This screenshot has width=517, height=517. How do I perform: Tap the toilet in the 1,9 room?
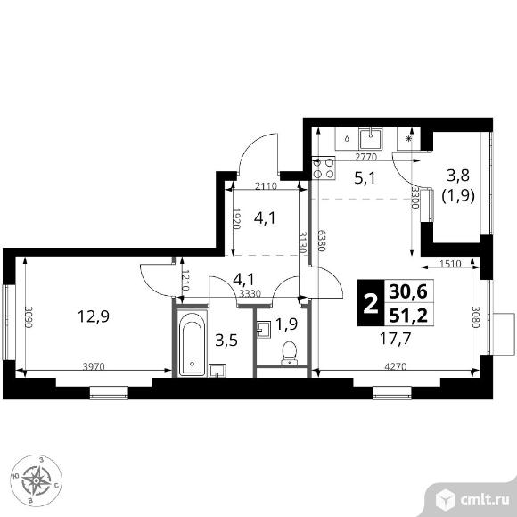tap(290, 353)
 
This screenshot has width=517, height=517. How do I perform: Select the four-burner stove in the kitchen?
tap(324, 168)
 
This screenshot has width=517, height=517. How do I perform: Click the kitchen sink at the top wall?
tap(371, 138)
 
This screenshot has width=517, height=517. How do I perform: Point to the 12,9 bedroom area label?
tap(94, 316)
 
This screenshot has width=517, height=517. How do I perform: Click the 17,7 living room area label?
tap(396, 339)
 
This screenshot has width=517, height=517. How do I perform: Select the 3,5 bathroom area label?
tap(226, 341)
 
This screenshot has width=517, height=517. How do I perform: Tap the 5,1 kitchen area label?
tap(365, 178)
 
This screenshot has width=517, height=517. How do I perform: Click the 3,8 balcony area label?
tap(458, 176)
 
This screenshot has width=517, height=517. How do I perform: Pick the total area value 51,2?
tap(408, 316)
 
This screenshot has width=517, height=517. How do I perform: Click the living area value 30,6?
tap(408, 291)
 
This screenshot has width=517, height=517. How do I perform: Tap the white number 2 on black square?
tap(371, 304)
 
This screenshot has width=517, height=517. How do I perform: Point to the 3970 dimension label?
tap(94, 366)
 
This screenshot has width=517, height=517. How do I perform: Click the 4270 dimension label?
tap(396, 366)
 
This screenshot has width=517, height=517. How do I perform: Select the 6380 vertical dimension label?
tap(322, 241)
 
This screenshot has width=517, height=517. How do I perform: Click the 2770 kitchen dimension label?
tap(365, 157)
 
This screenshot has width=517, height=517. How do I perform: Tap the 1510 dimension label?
tap(450, 264)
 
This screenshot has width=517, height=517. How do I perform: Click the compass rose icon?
tap(37, 480)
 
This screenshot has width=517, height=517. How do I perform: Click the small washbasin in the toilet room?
tap(264, 330)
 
